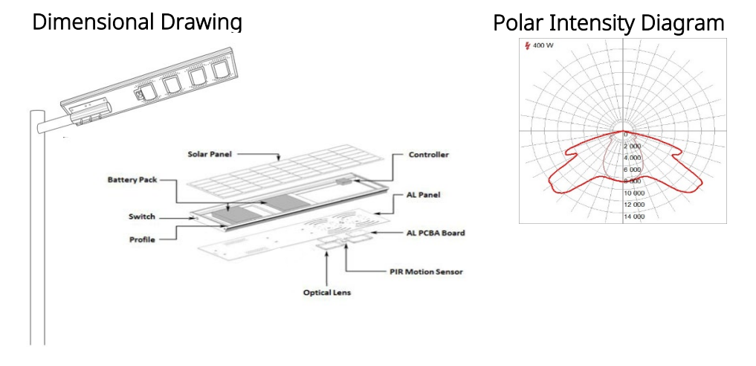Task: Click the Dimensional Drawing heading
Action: click(x=137, y=22)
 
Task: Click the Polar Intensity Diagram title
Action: click(x=609, y=22)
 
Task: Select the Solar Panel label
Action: click(x=210, y=154)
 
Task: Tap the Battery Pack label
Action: click(x=132, y=180)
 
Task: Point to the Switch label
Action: click(x=142, y=216)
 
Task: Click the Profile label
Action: click(x=142, y=240)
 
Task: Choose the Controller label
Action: click(x=429, y=155)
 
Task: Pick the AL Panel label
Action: click(x=424, y=196)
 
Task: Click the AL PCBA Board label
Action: click(x=436, y=233)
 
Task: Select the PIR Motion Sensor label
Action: click(x=426, y=272)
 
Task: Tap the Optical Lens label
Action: click(x=327, y=292)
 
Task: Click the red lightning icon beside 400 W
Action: click(x=528, y=46)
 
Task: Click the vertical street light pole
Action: click(x=38, y=228)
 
